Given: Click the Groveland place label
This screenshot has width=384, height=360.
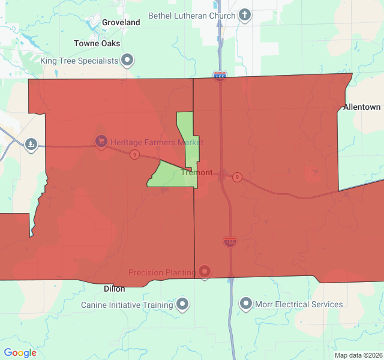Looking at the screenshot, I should (x=121, y=22).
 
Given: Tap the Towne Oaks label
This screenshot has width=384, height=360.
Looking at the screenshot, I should (x=97, y=43).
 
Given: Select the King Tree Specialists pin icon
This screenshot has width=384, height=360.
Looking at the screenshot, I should (x=127, y=60).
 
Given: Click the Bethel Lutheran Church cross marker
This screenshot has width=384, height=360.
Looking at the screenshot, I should (x=244, y=15).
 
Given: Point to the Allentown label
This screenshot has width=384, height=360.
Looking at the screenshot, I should (x=362, y=107).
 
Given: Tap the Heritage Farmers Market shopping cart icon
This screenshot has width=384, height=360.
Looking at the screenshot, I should (x=101, y=142).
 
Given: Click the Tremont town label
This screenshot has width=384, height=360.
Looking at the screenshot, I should (x=197, y=172).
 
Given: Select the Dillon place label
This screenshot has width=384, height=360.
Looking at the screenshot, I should (x=114, y=288).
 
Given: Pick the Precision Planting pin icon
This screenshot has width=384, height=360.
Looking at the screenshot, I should (x=205, y=272).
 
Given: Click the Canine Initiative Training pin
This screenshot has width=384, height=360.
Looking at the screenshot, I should (x=183, y=304).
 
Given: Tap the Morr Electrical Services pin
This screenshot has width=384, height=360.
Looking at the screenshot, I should (x=245, y=304).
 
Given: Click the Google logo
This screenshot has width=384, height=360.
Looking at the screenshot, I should (x=20, y=353).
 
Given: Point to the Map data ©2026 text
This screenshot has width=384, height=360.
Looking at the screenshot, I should (x=358, y=355).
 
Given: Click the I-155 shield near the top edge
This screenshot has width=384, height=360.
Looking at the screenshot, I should (x=220, y=76).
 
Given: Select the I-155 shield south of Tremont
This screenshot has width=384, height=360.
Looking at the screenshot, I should (x=230, y=242).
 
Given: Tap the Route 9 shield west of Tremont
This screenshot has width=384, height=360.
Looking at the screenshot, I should (x=134, y=155).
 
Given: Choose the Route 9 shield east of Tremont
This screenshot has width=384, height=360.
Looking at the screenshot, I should (x=238, y=177).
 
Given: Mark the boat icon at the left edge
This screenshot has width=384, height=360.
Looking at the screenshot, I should (x=31, y=144).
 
